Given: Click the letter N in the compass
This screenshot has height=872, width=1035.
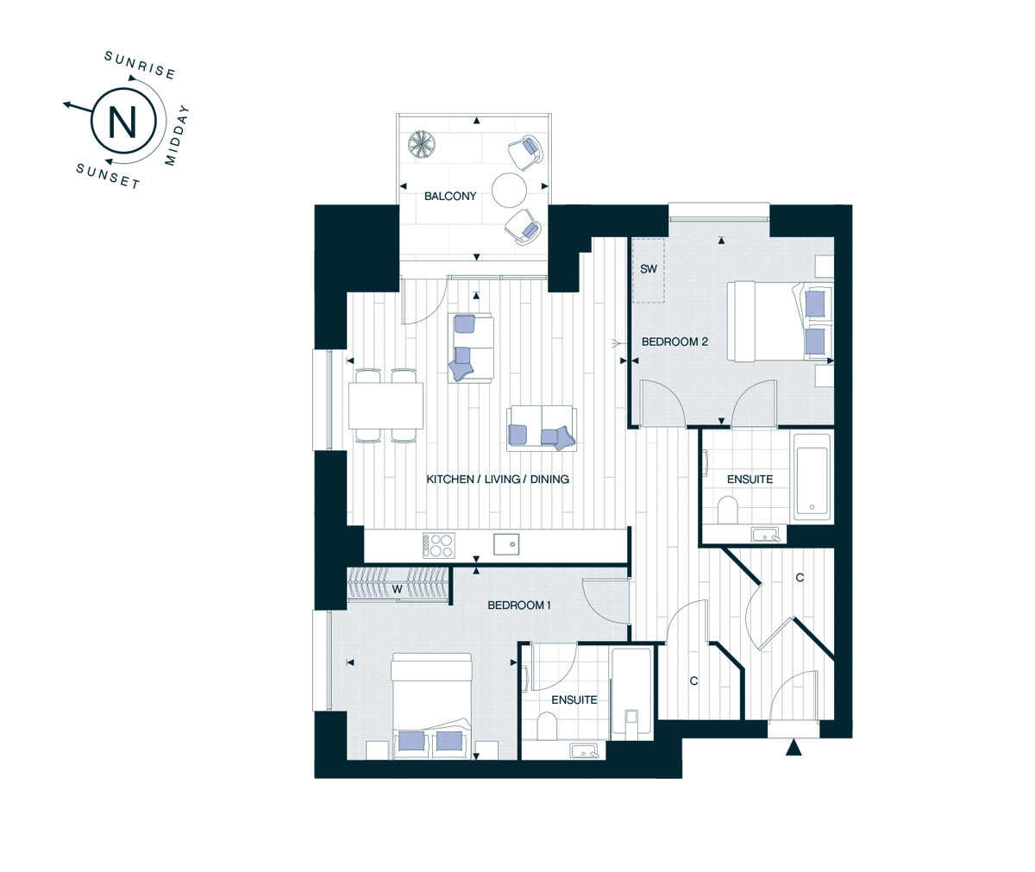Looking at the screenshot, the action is point(122,122).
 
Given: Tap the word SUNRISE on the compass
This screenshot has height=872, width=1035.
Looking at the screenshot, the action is point(140,66).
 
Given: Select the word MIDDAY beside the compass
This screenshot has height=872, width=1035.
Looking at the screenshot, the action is point(177,135).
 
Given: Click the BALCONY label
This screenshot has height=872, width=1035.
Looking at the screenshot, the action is point(450,197).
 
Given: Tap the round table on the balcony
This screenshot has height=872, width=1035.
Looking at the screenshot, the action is point(509,190).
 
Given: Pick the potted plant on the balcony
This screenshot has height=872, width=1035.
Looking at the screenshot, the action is point(422,144).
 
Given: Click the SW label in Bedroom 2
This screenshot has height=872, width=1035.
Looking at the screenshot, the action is point(649,269).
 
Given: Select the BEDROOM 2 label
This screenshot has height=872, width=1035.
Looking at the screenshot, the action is point(674,342).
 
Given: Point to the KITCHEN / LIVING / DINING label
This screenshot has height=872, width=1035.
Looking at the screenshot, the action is point(498,480).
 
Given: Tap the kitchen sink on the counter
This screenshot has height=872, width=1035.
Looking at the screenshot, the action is point(506,544).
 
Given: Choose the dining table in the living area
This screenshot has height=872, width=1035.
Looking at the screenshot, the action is point(386,405).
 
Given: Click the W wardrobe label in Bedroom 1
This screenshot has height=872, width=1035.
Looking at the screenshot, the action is point(397,589).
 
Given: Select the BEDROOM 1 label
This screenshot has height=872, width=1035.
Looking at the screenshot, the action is point(519,605).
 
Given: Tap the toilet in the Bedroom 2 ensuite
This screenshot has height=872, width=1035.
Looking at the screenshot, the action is point(728,510).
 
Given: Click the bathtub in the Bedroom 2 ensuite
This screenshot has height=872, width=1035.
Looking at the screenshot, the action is point(812,477).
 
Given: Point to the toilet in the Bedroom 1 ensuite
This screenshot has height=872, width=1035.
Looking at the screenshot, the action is point(547,726).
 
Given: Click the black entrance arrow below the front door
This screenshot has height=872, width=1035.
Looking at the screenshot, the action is point(793,748).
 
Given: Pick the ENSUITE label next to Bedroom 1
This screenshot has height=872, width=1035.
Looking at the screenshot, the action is point(574,700).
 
